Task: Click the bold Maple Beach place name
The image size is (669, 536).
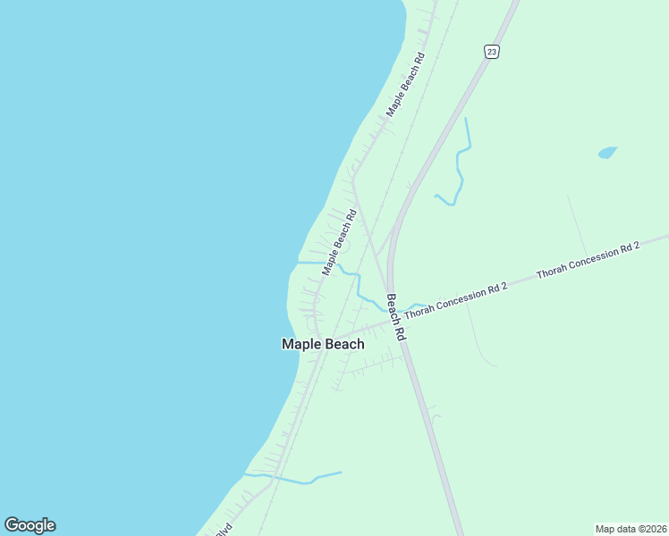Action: [x=323, y=344]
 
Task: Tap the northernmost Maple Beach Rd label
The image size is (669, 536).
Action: [x=405, y=84]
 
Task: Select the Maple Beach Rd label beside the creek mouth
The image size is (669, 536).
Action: [x=340, y=242]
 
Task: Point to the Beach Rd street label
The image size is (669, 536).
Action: [x=396, y=316]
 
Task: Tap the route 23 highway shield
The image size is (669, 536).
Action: [x=492, y=52]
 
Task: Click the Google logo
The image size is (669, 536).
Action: [x=30, y=525]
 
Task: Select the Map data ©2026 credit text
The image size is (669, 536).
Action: [x=631, y=529]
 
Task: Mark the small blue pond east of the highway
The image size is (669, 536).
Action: [x=607, y=153]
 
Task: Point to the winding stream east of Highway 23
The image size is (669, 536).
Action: [x=460, y=174]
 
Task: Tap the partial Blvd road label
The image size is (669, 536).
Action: [x=222, y=531]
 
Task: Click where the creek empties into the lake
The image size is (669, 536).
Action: [x=298, y=263]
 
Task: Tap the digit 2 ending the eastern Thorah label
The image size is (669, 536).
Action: [x=637, y=244]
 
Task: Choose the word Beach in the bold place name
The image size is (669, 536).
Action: [x=345, y=344]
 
